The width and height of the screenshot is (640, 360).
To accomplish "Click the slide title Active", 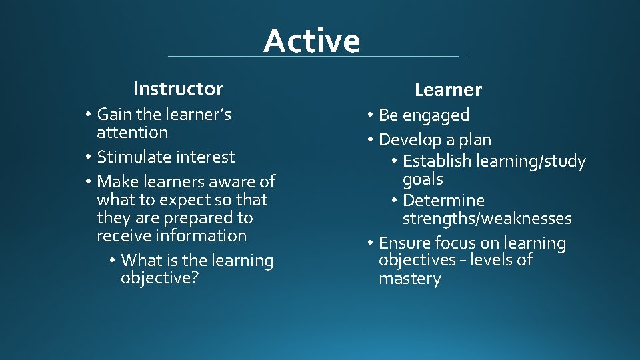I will coord(311,41).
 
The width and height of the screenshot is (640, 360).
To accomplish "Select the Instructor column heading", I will coord(178,89).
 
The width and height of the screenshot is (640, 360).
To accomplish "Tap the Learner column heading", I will coord(448,89).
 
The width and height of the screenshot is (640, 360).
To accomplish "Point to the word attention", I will coord(132,133).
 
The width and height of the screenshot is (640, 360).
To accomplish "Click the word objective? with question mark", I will coord(159,279).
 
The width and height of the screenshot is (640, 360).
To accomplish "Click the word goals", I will coord(423,180).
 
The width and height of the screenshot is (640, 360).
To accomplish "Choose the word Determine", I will coord(443,201).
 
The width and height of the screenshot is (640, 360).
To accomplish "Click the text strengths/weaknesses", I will coord(487,219).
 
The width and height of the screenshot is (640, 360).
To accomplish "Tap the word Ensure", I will coord(405,243).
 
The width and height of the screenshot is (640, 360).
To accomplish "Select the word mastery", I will coord(409,279).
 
